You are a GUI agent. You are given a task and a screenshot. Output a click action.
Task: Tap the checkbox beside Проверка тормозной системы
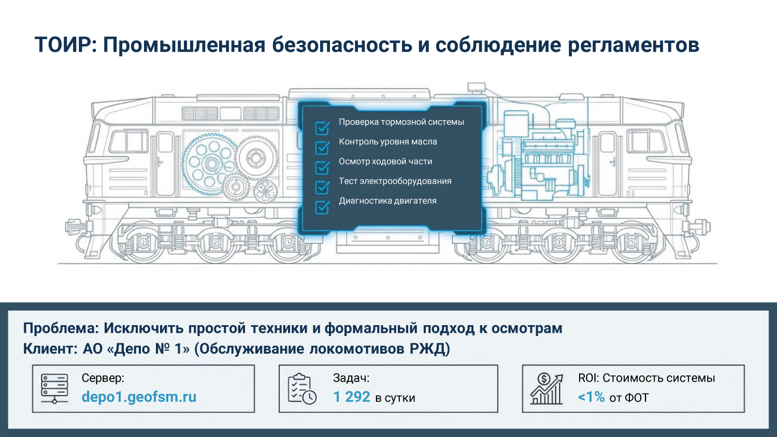323,127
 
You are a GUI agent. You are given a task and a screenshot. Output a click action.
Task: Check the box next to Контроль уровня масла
323,148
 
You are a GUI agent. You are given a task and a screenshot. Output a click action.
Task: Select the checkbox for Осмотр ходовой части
323,167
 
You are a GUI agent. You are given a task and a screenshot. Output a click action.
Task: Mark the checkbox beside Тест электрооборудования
323,186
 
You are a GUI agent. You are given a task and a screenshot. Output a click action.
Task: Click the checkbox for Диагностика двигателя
323,207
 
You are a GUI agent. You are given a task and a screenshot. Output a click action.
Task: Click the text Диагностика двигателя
387,201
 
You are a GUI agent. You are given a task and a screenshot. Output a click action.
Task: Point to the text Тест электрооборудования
395,181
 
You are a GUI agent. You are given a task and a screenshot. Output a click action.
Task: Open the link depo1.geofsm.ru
139,397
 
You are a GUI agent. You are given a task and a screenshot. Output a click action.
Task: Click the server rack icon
54,389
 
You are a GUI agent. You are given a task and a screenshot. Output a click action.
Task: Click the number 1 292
352,397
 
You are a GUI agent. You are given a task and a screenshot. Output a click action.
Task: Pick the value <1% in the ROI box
591,397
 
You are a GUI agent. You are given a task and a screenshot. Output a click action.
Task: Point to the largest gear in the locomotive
210,163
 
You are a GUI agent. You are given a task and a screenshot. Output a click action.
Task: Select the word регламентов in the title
633,45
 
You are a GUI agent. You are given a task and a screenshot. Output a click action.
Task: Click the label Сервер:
103,378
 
